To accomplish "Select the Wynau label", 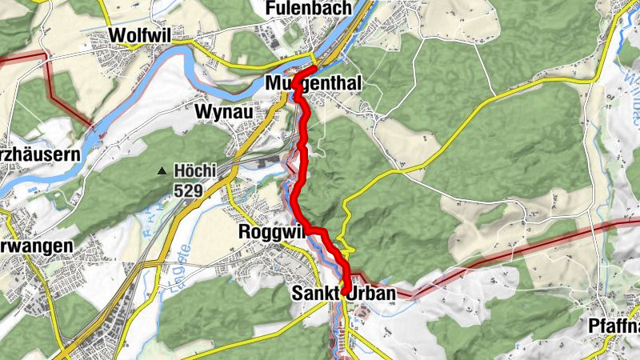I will [x=224, y=113].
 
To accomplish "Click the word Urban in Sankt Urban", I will [x=370, y=294].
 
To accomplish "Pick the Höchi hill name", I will [x=192, y=170].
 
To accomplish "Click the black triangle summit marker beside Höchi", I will [x=162, y=170].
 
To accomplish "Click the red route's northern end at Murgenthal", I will [x=314, y=67].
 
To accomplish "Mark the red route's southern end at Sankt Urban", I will [x=346, y=293].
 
